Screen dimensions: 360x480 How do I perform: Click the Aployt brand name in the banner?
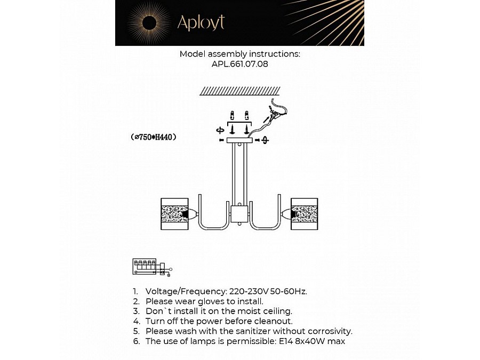[x=201, y=22]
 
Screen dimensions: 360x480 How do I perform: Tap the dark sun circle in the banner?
[x=149, y=22]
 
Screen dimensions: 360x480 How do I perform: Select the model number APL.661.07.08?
[x=239, y=64]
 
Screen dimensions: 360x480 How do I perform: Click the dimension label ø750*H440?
[x=154, y=137]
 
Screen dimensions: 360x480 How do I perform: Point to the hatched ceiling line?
[x=239, y=91]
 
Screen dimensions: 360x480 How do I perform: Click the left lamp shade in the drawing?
[x=174, y=214]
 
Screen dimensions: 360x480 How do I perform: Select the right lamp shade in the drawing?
[x=304, y=214]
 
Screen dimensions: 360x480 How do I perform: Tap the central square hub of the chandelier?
[x=239, y=215]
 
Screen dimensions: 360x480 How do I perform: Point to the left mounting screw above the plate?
[x=232, y=129]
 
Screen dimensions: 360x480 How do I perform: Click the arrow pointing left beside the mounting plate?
[x=221, y=140]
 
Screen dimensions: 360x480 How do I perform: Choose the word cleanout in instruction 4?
[x=271, y=321]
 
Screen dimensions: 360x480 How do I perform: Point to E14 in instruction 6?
[x=284, y=341]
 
